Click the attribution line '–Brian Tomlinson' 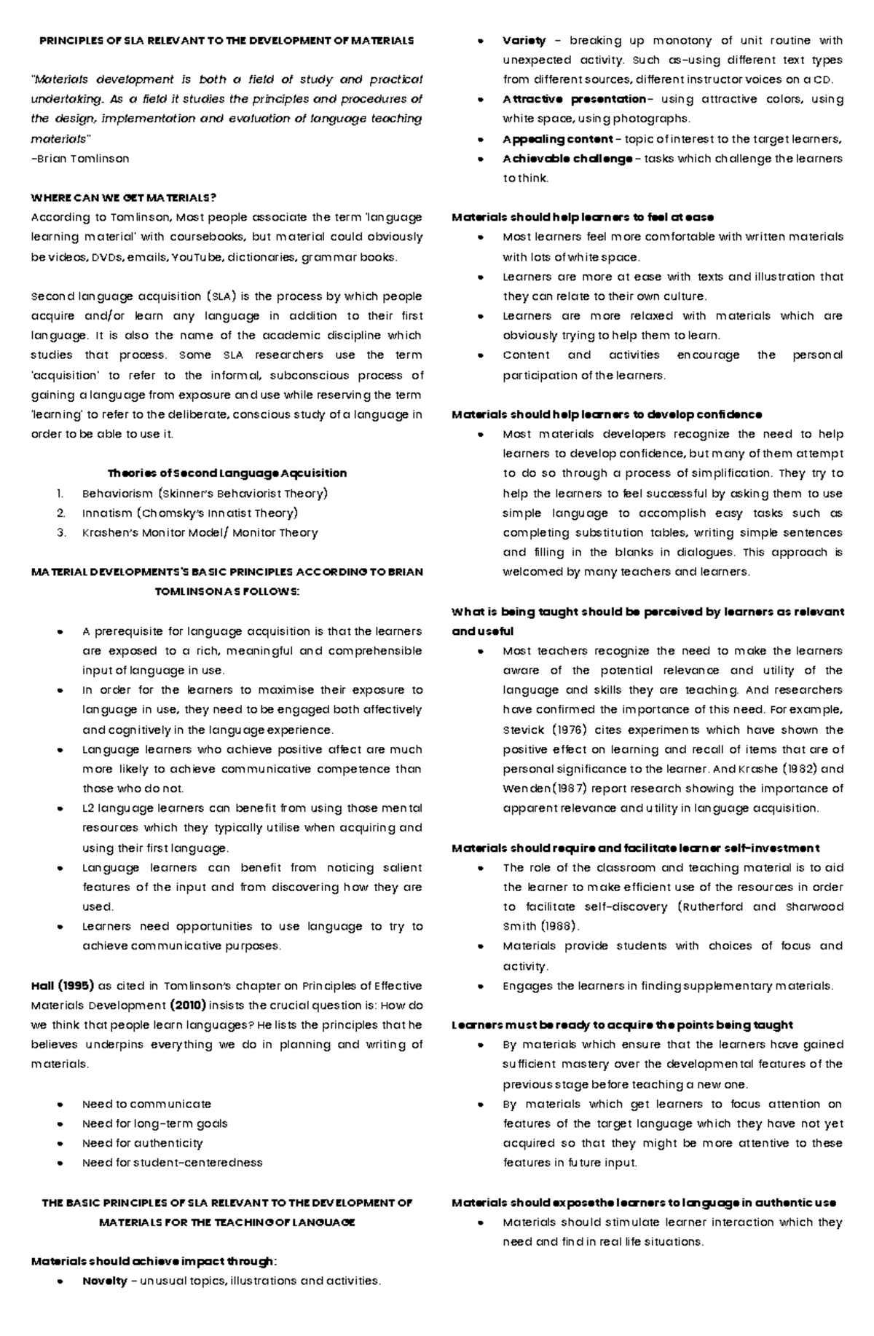tap(80, 158)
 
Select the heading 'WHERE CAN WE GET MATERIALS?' tap(123, 197)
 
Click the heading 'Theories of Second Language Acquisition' tap(227, 473)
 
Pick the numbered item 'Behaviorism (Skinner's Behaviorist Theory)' tap(205, 494)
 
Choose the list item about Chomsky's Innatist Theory tap(189, 513)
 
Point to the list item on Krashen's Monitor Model tap(200, 533)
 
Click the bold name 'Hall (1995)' tap(62, 986)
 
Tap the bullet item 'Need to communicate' tap(146, 1104)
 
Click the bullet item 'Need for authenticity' tap(142, 1143)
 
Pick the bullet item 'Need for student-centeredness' tap(172, 1163)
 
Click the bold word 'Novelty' tap(105, 1281)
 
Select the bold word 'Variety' tap(524, 41)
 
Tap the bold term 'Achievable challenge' tap(567, 159)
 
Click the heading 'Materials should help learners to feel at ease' tap(583, 217)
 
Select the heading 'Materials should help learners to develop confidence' tap(607, 414)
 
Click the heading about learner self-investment tap(635, 847)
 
